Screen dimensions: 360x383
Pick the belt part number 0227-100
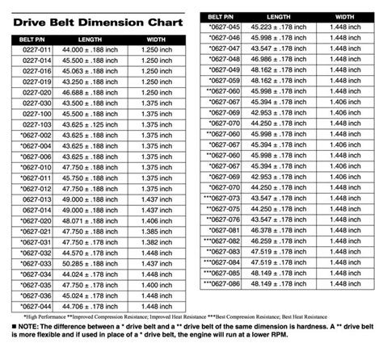[x=36, y=124]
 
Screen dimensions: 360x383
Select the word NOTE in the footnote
[x=31, y=325]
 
